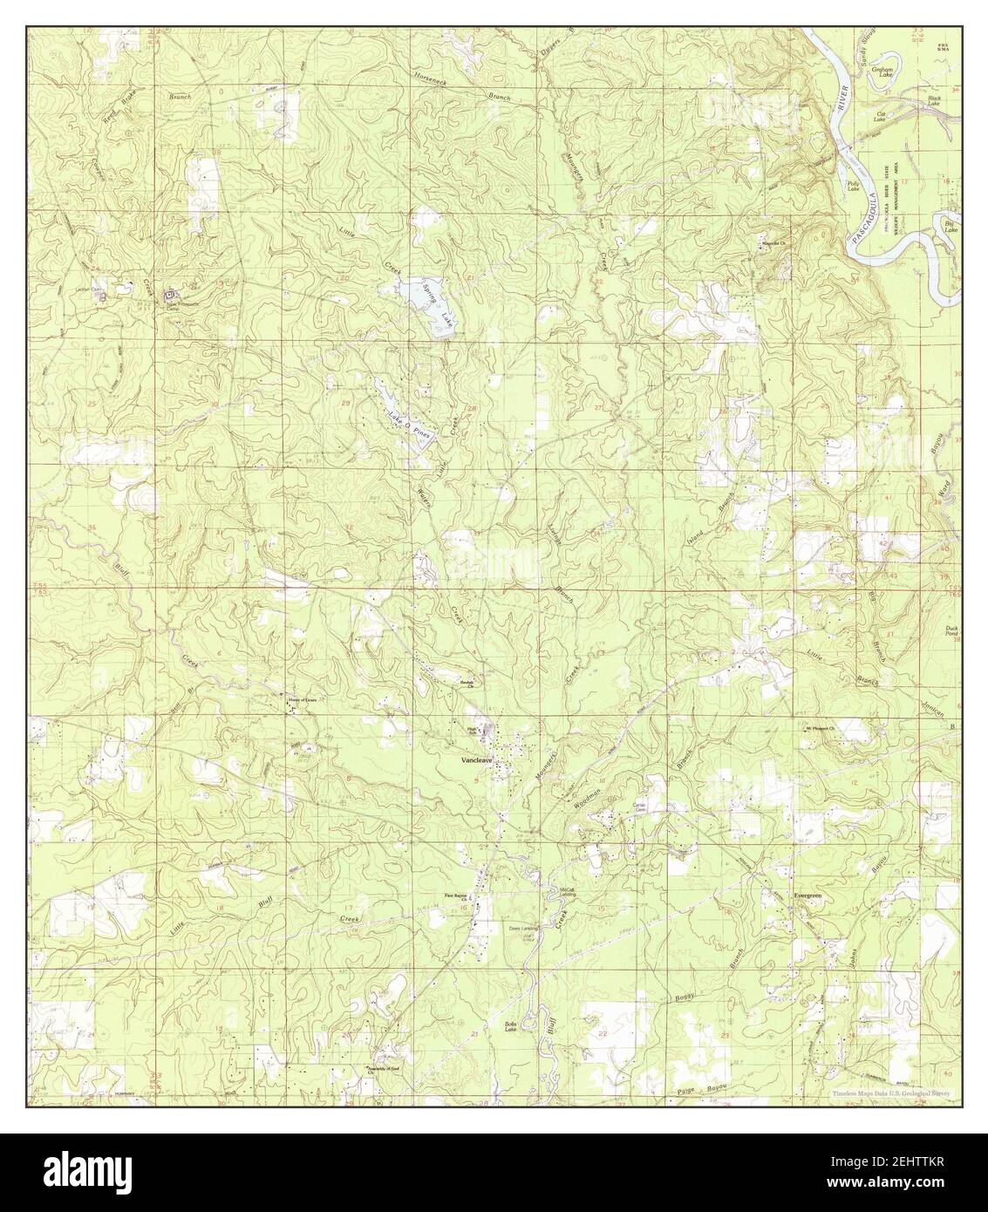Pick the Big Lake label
(x=951, y=226)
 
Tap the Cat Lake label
(x=881, y=117)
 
